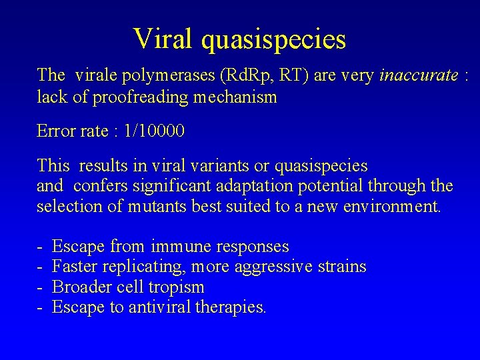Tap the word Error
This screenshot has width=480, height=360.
pos(55,131)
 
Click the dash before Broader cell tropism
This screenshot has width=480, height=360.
pos(40,287)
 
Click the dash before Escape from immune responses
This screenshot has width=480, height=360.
pos(40,247)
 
